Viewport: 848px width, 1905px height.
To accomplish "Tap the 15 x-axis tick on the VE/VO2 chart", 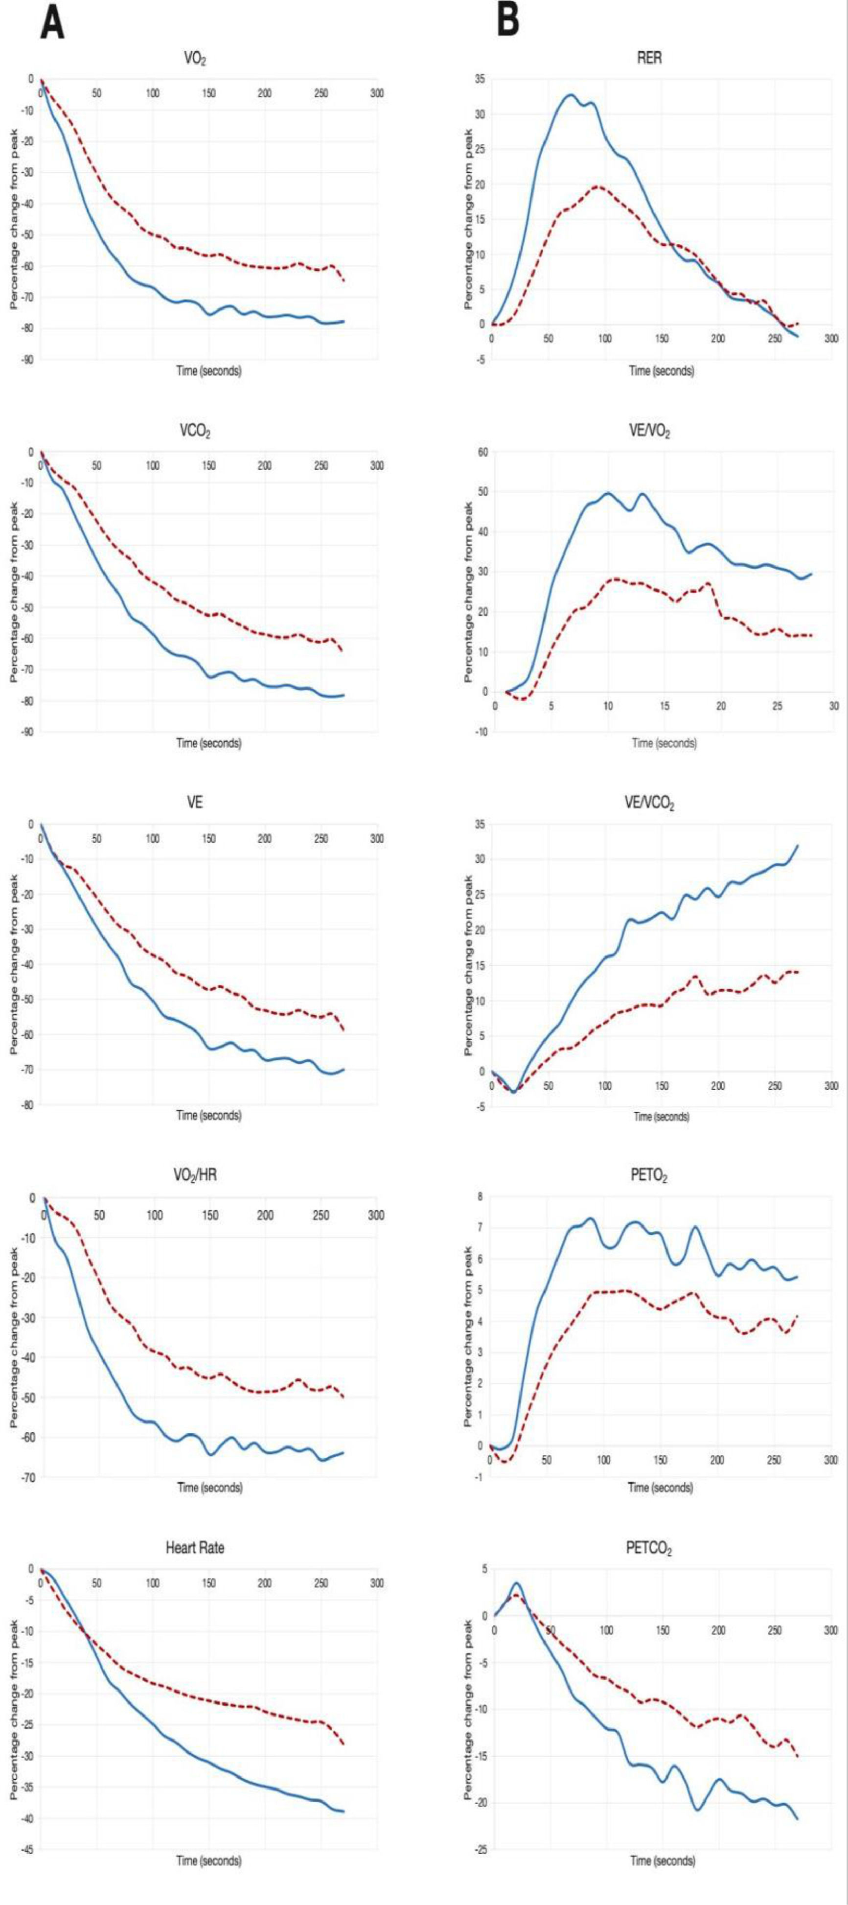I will [665, 706].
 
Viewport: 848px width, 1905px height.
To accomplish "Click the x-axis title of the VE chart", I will [208, 1115].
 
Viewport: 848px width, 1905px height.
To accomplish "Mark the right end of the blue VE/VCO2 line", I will [798, 845].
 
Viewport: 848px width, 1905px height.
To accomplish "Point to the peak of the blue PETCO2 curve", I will [517, 1584].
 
